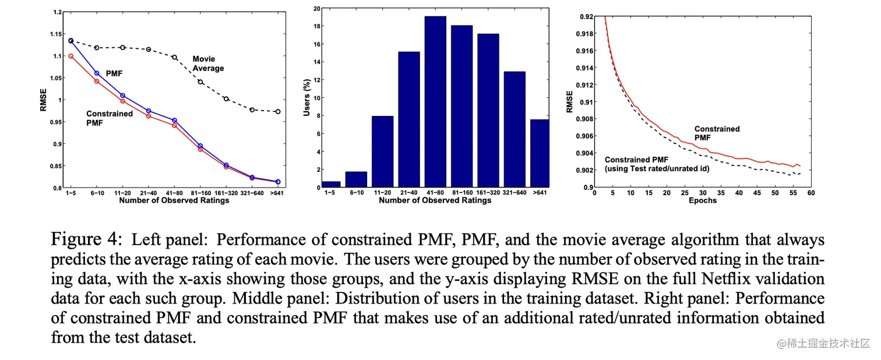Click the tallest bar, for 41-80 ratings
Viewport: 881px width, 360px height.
pos(435,102)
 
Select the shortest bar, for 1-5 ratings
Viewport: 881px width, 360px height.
pos(331,184)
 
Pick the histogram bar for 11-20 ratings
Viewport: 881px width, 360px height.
pos(383,151)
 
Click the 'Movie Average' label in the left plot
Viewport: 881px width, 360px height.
pos(208,63)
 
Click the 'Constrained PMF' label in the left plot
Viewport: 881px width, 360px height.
pos(110,118)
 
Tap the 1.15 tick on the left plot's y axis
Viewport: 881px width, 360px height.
pos(57,34)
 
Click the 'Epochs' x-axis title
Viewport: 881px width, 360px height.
pos(702,200)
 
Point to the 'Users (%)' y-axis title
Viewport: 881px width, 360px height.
pos(306,98)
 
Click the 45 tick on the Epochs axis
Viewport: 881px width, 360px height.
pos(757,192)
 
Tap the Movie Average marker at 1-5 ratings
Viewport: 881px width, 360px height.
pos(71,41)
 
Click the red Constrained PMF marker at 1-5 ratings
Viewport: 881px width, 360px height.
pos(71,57)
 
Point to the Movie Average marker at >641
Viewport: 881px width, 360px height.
pos(277,111)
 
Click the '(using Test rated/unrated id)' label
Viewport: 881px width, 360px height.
pos(662,168)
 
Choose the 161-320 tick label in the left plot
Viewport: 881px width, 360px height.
pos(225,193)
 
